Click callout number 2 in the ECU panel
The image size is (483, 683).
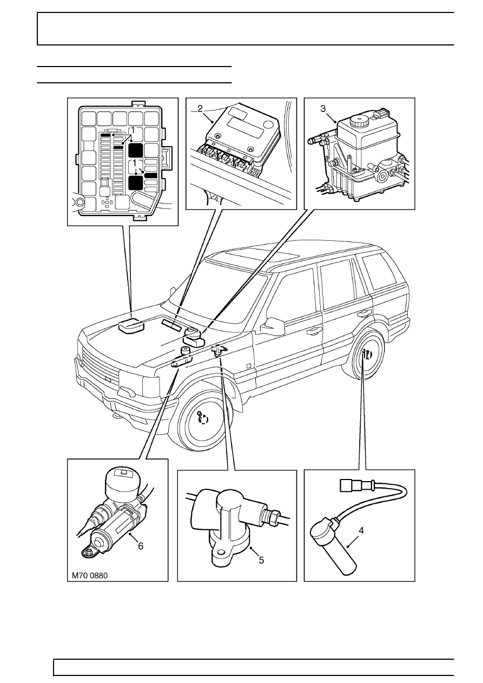pos(200,108)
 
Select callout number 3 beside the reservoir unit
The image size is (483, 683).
pos(323,108)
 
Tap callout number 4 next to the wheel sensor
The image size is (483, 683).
pos(361,530)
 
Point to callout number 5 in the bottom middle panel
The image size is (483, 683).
pos(261,560)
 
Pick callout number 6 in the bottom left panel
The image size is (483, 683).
pos(141,546)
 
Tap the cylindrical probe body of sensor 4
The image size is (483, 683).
pos(345,558)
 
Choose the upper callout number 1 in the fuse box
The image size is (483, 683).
pos(131,130)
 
